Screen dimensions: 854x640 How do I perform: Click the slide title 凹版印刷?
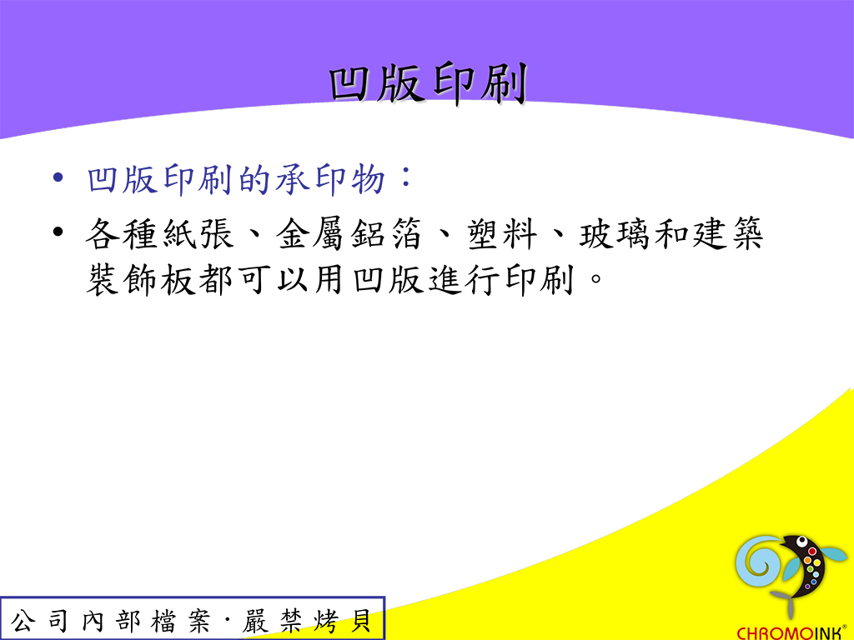(428, 83)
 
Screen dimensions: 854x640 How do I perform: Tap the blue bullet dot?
(58, 178)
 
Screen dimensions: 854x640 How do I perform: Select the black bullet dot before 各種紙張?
(58, 232)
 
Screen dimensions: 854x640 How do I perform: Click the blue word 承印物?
(330, 179)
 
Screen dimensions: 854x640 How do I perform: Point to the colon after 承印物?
(406, 177)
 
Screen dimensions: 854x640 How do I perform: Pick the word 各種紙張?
(159, 233)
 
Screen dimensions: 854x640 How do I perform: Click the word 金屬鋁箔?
(349, 233)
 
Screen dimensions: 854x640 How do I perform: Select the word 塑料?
(501, 233)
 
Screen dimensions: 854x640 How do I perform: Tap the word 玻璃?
(615, 233)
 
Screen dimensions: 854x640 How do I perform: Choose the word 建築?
(727, 233)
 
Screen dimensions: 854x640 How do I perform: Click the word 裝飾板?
(141, 280)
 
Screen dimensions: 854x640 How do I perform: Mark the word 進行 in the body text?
(464, 280)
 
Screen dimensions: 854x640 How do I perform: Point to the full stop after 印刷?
(596, 279)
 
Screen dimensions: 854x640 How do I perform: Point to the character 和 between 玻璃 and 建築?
(671, 233)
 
